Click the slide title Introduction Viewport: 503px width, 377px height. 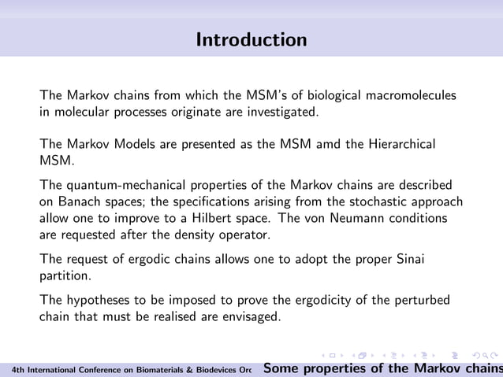251,39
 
